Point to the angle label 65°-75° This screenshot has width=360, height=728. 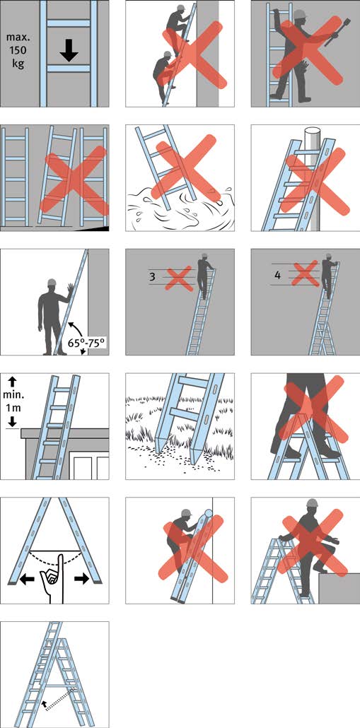coord(88,341)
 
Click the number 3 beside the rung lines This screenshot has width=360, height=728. coord(152,277)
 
